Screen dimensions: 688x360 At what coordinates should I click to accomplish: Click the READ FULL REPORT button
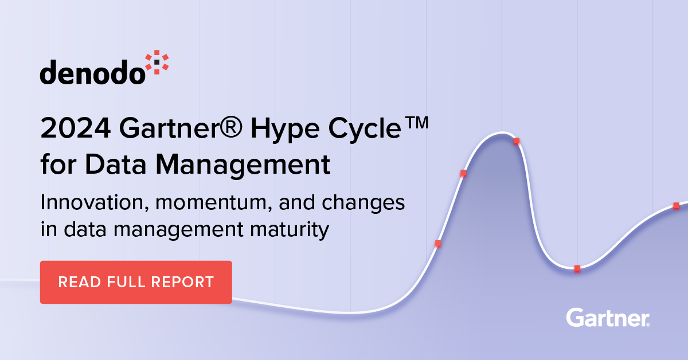pyautogui.click(x=136, y=282)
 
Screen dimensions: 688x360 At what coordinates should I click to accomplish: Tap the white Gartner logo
pyautogui.click(x=608, y=318)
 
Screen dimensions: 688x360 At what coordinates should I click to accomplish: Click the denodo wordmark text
pyautogui.click(x=92, y=72)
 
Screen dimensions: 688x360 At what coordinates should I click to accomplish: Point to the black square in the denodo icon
pyautogui.click(x=157, y=62)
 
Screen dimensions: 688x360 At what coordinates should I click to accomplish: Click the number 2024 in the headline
pyautogui.click(x=76, y=128)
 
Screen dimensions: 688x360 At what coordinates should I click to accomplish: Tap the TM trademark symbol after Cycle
pyautogui.click(x=416, y=123)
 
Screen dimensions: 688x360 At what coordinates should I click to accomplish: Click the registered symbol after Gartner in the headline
pyautogui.click(x=231, y=127)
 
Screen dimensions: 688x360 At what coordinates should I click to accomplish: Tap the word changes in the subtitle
pyautogui.click(x=363, y=204)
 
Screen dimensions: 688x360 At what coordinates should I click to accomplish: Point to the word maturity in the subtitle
pyautogui.click(x=290, y=230)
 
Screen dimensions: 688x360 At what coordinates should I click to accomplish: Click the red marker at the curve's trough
pyautogui.click(x=577, y=268)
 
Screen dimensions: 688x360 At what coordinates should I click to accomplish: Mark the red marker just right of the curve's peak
pyautogui.click(x=517, y=141)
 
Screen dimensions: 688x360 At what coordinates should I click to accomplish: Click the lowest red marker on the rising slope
pyautogui.click(x=438, y=244)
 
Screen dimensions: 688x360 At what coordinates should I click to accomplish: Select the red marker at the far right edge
pyautogui.click(x=676, y=206)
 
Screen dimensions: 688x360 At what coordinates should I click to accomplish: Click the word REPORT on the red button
pyautogui.click(x=182, y=282)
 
